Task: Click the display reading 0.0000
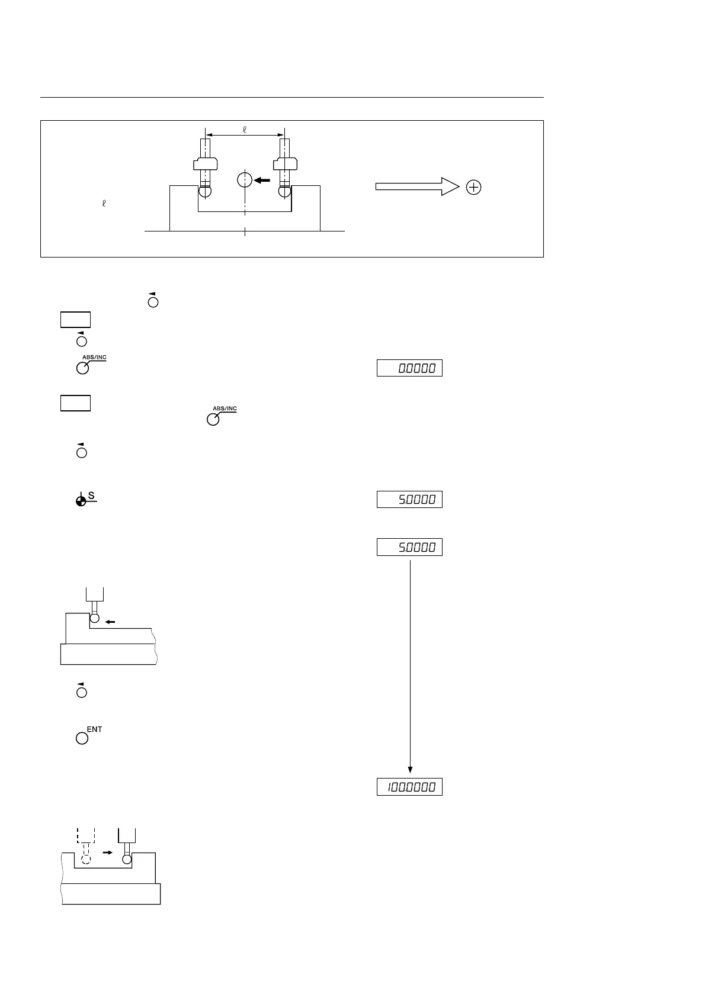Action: (409, 368)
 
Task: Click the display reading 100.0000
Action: (409, 787)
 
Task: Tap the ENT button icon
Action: (82, 738)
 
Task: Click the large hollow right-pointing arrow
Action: (417, 187)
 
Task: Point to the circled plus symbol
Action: (474, 188)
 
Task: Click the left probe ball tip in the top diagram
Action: (204, 192)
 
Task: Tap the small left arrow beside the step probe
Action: (110, 622)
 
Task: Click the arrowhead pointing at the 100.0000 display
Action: (410, 770)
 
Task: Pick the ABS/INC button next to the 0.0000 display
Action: (83, 368)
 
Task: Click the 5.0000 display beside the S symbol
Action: (409, 500)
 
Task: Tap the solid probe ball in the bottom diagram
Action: (127, 860)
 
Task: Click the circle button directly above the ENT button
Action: (82, 692)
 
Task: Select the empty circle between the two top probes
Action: (244, 179)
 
